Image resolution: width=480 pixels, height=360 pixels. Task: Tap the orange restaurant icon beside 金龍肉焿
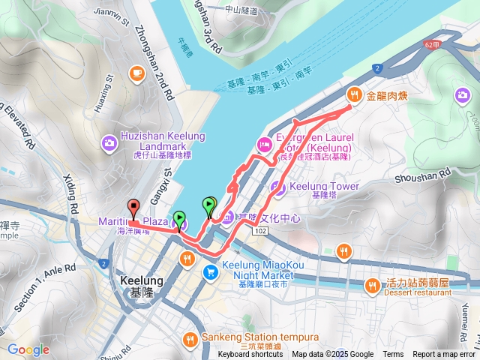coord(354,94)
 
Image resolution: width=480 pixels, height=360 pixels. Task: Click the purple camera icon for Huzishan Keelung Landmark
coord(109,141)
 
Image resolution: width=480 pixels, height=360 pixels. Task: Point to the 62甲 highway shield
coord(432,46)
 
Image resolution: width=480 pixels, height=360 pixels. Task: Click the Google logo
coord(28,349)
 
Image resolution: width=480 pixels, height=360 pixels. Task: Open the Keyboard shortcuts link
coord(250,355)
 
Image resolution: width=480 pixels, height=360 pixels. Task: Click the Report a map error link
coord(444,355)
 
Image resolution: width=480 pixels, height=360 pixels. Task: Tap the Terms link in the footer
coord(393,355)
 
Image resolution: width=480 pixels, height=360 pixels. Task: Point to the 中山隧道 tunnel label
coord(241,11)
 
